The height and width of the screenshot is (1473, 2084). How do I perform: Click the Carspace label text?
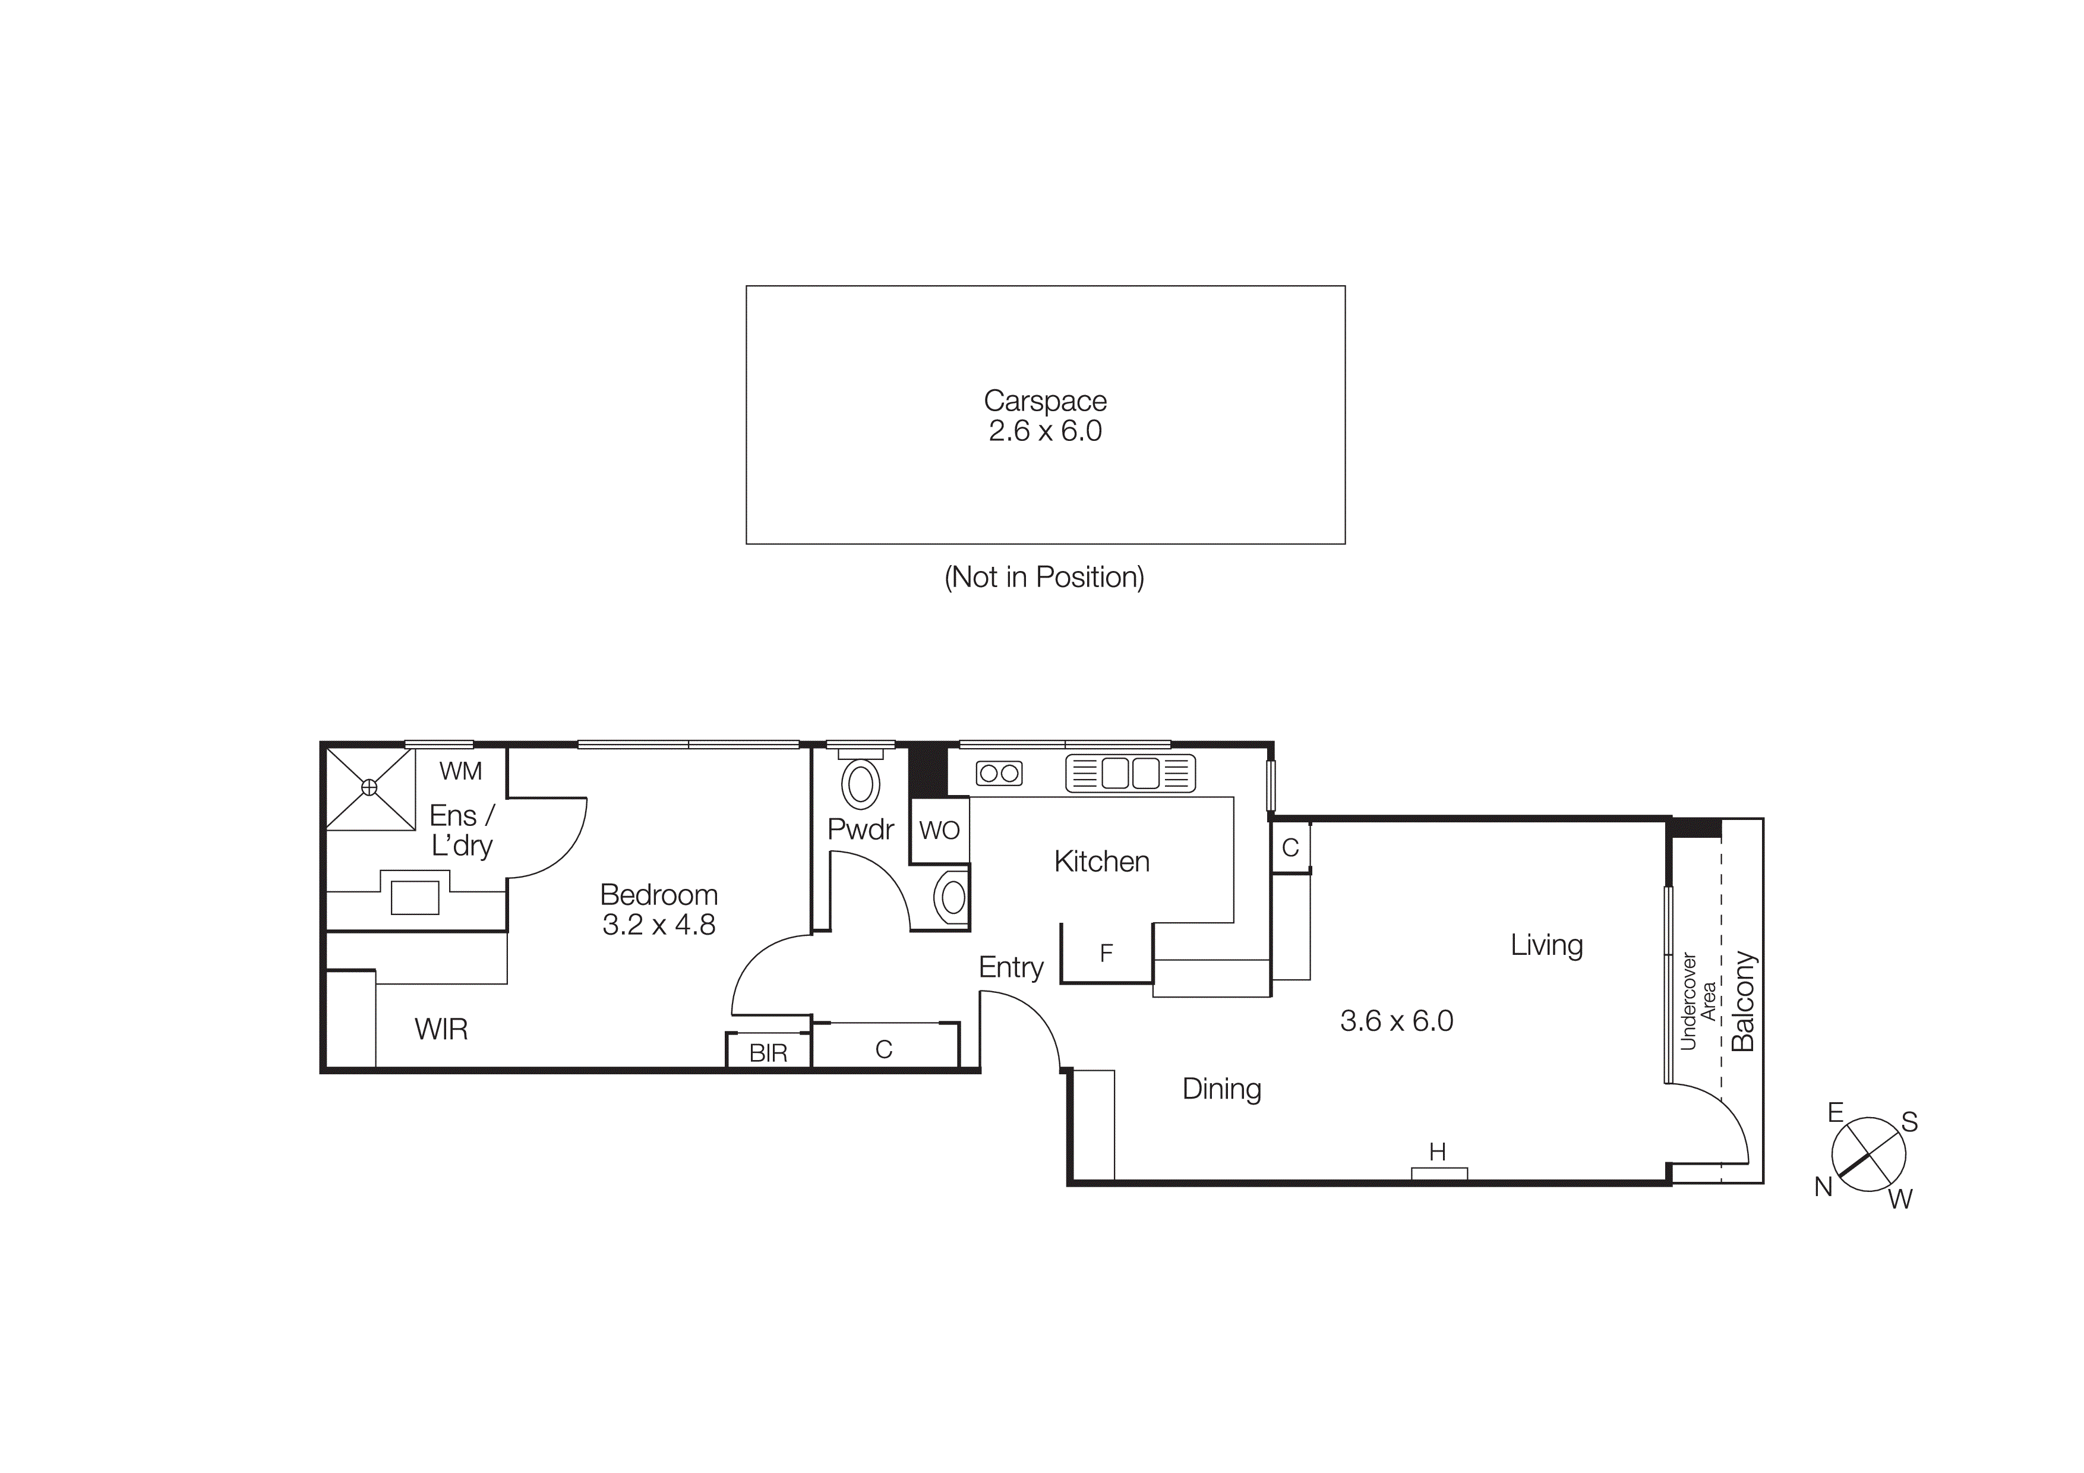coord(1045,400)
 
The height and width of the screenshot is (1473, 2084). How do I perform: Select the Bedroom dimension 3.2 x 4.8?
coord(659,925)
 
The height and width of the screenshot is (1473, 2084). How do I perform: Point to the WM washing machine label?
coord(460,771)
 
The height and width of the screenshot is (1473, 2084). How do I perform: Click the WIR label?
coord(441,1029)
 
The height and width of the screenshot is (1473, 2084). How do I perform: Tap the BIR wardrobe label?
coord(768,1053)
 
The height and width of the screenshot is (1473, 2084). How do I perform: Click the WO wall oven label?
coord(939,829)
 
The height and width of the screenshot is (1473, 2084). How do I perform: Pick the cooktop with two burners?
coord(999,773)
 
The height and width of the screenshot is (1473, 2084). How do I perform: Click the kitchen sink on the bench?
coord(1130,773)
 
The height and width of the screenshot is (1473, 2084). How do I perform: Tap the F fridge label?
coord(1106,953)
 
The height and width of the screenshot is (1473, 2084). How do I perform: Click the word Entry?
coord(1011,967)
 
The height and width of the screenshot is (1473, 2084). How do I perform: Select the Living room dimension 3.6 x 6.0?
coord(1396,1021)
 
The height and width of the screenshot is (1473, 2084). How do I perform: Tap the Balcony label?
coord(1743,1001)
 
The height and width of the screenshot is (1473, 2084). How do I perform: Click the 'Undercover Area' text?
coord(1697,1001)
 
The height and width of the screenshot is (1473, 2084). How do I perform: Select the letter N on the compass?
coord(1824,1186)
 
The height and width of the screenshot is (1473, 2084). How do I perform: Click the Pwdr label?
coord(860,829)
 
